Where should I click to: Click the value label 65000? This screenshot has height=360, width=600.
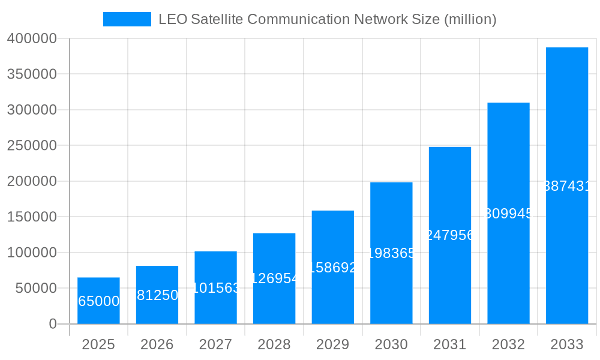pos(99,301)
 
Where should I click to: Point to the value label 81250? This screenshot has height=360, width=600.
pos(157,295)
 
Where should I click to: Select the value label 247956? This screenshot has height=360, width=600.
pos(450,235)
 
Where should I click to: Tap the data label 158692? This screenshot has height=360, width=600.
pos(333,268)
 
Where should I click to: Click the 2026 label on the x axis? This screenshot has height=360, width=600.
pos(157,344)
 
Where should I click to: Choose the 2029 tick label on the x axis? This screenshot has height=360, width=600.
pos(333,344)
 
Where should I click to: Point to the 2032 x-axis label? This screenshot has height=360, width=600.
pos(508,344)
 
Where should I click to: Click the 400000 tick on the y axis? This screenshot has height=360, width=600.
pos(32,39)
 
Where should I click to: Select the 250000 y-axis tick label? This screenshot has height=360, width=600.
pos(32,146)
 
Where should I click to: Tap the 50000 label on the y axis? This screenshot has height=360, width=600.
pos(35,289)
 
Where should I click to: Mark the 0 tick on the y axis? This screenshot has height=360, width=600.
pos(53,324)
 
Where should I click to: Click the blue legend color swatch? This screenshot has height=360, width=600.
pos(127,19)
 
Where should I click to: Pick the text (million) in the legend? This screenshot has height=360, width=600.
pos(470,19)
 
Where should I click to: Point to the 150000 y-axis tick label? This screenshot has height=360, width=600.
pos(32,217)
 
